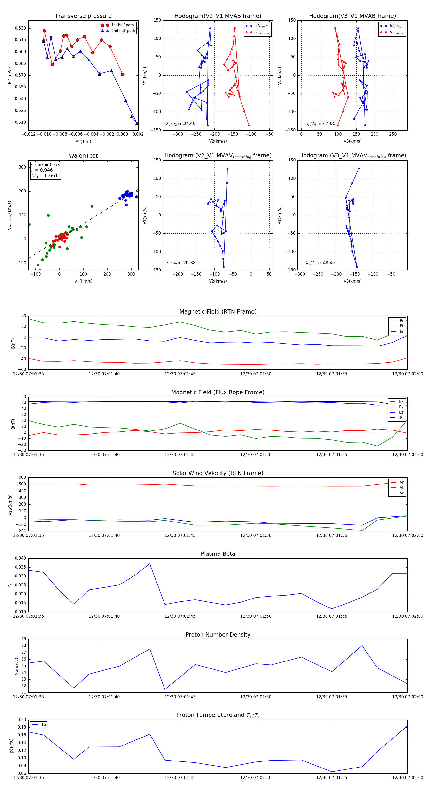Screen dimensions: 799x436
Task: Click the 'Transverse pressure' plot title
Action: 83,16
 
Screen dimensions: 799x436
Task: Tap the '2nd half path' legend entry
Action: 123,31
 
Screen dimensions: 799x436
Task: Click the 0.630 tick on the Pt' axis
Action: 21,28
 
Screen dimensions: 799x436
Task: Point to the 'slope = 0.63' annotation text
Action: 45,165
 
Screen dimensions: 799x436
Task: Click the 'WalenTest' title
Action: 83,156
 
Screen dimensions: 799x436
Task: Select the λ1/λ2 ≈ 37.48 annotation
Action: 181,123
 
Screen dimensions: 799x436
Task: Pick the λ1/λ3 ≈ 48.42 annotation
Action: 320,263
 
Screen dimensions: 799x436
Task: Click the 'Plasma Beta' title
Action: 218,554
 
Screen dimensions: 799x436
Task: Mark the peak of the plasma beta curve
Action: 150,564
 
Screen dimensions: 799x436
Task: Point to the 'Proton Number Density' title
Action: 218,635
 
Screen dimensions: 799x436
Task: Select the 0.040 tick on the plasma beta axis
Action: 21,558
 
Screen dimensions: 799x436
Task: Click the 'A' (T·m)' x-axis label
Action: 83,141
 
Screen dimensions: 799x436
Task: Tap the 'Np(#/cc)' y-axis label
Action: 16,666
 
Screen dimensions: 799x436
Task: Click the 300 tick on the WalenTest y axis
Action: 22,167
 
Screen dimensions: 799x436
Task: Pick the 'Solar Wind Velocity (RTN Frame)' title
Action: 218,473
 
